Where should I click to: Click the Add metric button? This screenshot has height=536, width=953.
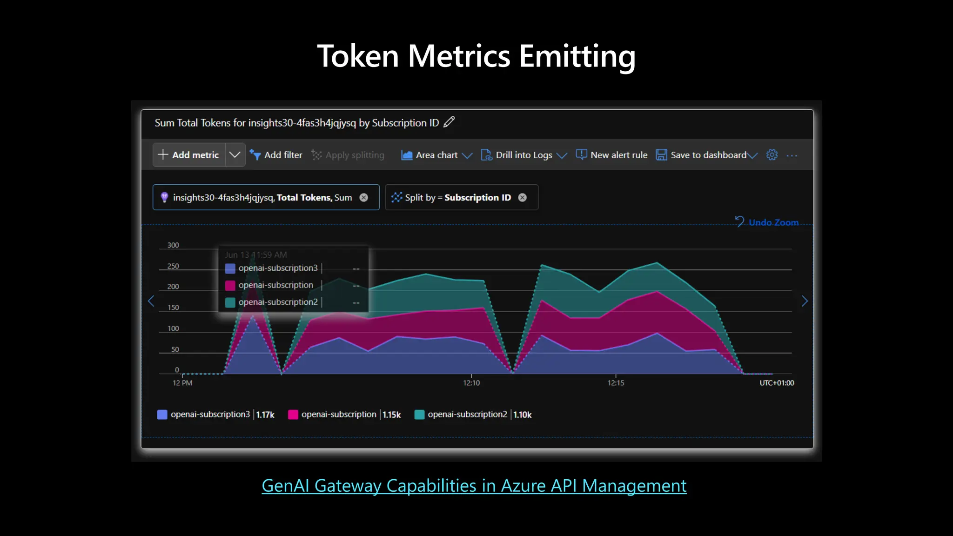click(189, 155)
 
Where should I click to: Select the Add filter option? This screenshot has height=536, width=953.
click(276, 155)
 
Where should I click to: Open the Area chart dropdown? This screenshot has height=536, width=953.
click(436, 155)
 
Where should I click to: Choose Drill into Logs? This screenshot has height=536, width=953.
click(523, 155)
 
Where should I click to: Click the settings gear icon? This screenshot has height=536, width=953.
click(772, 155)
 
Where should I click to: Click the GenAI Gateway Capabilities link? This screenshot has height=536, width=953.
click(474, 486)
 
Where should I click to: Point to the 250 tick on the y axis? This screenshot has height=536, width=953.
click(173, 266)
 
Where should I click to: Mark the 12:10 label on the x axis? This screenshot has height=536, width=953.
click(471, 383)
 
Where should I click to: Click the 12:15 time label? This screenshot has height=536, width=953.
click(616, 383)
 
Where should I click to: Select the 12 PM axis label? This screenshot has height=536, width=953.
click(182, 383)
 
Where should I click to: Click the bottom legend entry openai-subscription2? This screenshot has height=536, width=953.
click(467, 414)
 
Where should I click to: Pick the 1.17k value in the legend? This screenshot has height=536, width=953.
click(265, 415)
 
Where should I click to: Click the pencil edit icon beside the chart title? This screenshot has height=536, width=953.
click(449, 122)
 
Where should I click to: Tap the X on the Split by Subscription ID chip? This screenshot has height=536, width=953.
click(523, 197)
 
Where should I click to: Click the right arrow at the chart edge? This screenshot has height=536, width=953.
click(805, 301)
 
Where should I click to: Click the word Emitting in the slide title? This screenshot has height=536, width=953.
click(577, 57)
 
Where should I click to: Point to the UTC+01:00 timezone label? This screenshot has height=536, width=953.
click(777, 383)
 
